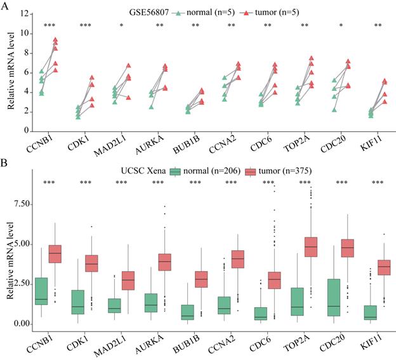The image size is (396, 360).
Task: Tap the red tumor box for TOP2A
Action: pyautogui.click(x=311, y=246)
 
